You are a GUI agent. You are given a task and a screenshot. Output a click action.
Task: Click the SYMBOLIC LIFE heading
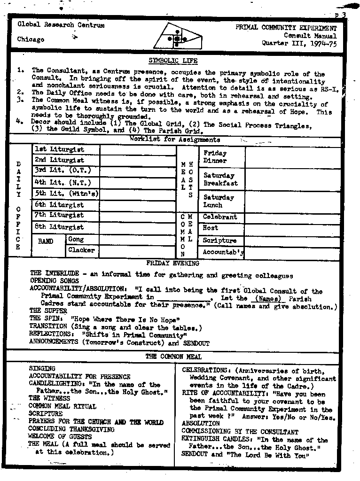(x=173, y=61)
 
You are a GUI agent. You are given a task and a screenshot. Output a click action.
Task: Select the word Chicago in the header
(x=31, y=39)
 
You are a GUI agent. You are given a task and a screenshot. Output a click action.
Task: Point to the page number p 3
(x=341, y=15)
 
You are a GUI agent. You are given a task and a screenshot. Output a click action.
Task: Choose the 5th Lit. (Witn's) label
(x=66, y=194)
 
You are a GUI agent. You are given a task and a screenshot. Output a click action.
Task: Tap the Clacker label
(x=81, y=250)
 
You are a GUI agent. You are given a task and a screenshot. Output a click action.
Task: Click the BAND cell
(x=46, y=241)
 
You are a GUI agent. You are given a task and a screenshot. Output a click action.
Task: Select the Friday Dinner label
(x=215, y=157)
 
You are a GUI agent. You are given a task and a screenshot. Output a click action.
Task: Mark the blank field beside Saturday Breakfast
(x=292, y=179)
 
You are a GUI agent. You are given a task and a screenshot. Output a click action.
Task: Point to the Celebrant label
(x=220, y=217)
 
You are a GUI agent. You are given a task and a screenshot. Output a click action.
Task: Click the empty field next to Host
(x=292, y=229)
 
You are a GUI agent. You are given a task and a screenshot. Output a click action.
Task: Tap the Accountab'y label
(x=223, y=252)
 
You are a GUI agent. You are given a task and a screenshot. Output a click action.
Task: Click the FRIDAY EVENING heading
(x=172, y=264)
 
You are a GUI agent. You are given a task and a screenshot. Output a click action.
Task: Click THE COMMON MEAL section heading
(x=173, y=357)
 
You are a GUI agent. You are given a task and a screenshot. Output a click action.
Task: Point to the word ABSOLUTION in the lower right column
(x=201, y=424)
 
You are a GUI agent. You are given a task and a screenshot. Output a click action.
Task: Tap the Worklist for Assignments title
(x=175, y=140)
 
